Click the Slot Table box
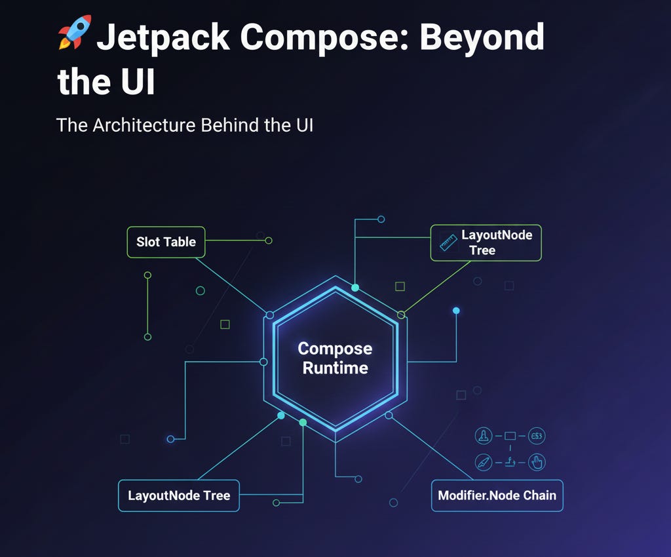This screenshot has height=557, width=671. [x=166, y=242]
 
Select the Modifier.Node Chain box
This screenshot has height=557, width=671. [x=497, y=495]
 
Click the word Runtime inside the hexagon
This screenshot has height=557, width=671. [x=335, y=368]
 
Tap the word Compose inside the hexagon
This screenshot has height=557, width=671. [x=335, y=349]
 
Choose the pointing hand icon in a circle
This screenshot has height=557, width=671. [x=537, y=462]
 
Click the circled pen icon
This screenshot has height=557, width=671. [x=483, y=462]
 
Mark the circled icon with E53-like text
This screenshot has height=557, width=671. [x=537, y=435]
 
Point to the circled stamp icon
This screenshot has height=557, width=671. [x=483, y=435]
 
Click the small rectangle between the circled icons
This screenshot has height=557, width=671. [x=510, y=435]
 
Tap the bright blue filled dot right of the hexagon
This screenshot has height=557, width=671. [x=456, y=311]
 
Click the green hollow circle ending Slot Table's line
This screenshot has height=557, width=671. [x=268, y=240]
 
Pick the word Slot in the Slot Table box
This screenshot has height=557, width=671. [x=147, y=242]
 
